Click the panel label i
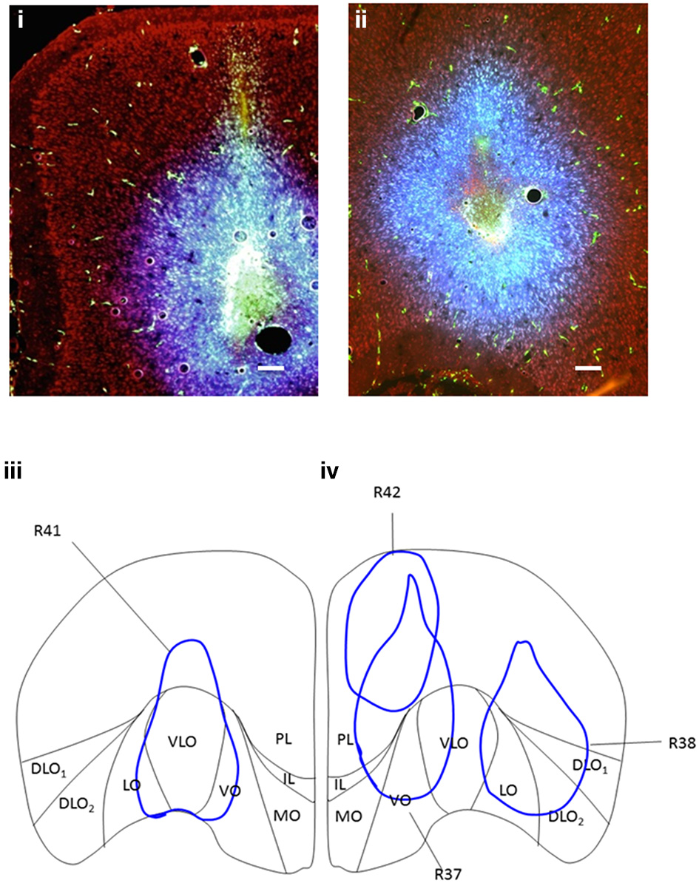click(21, 20)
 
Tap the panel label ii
click(361, 20)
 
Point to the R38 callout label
click(681, 745)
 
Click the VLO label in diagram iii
click(182, 740)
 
